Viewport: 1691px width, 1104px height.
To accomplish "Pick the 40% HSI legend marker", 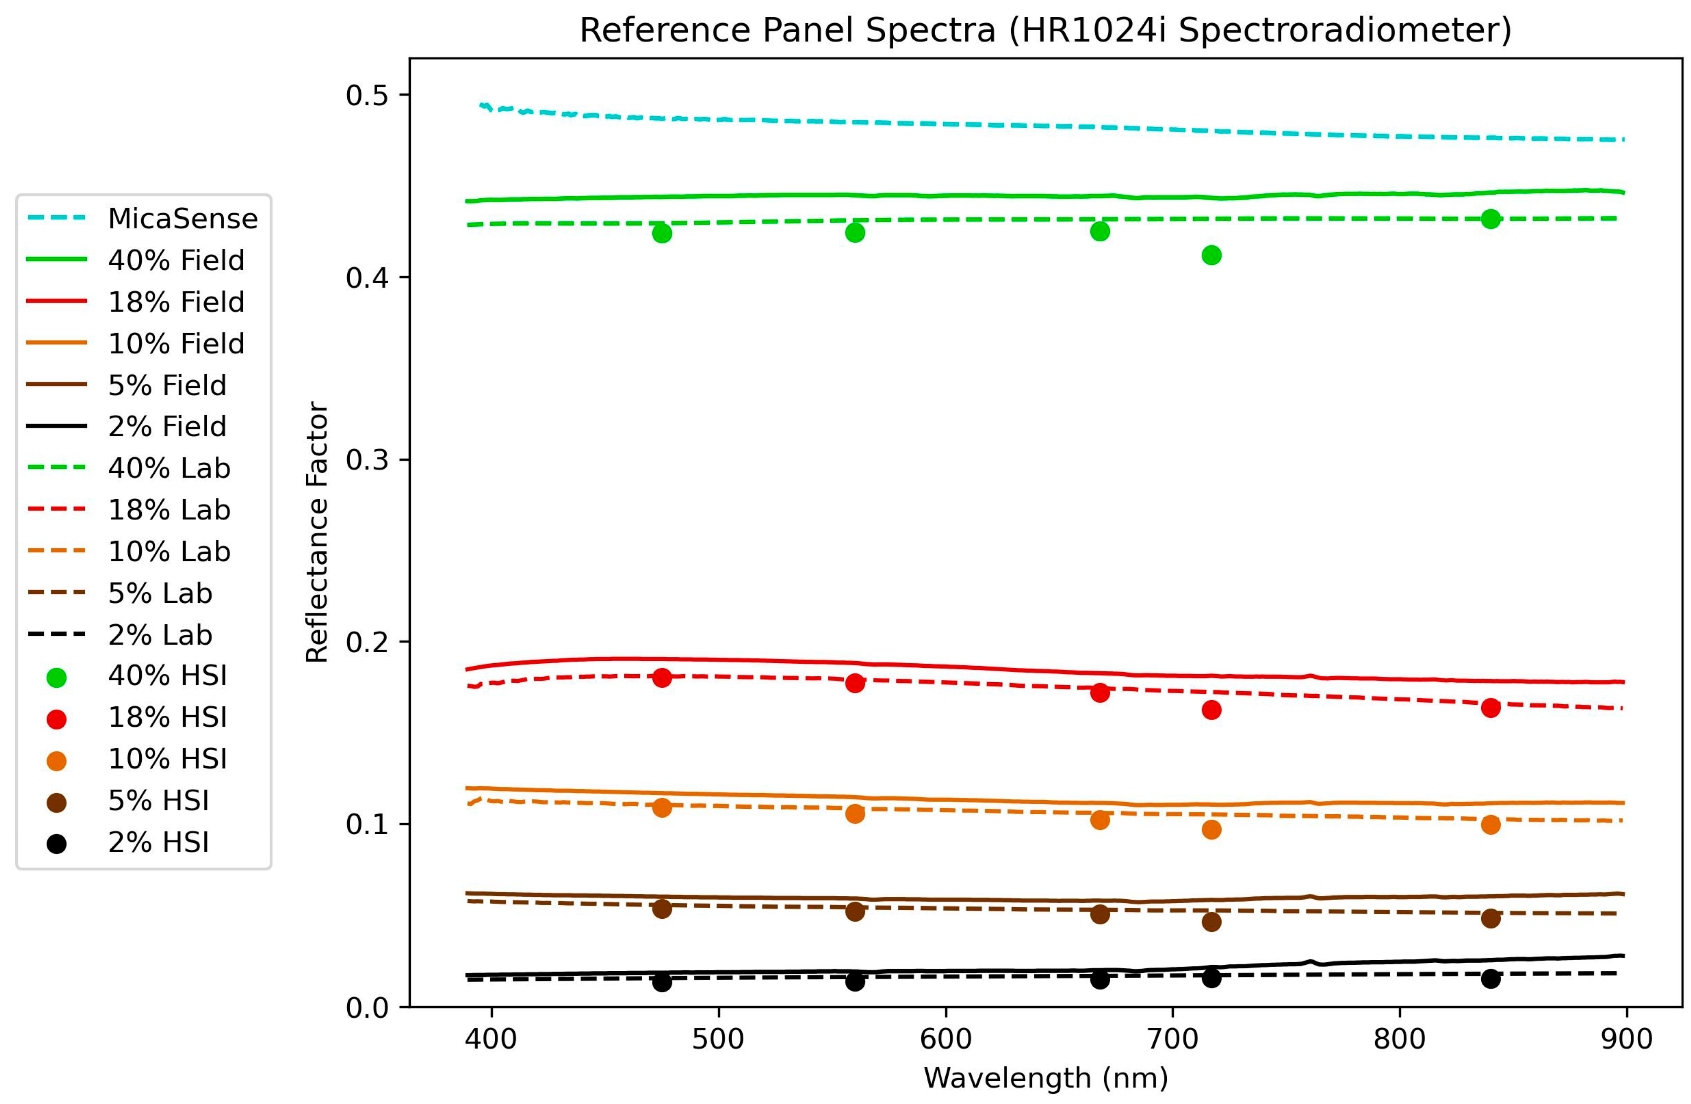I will coord(56,677).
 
